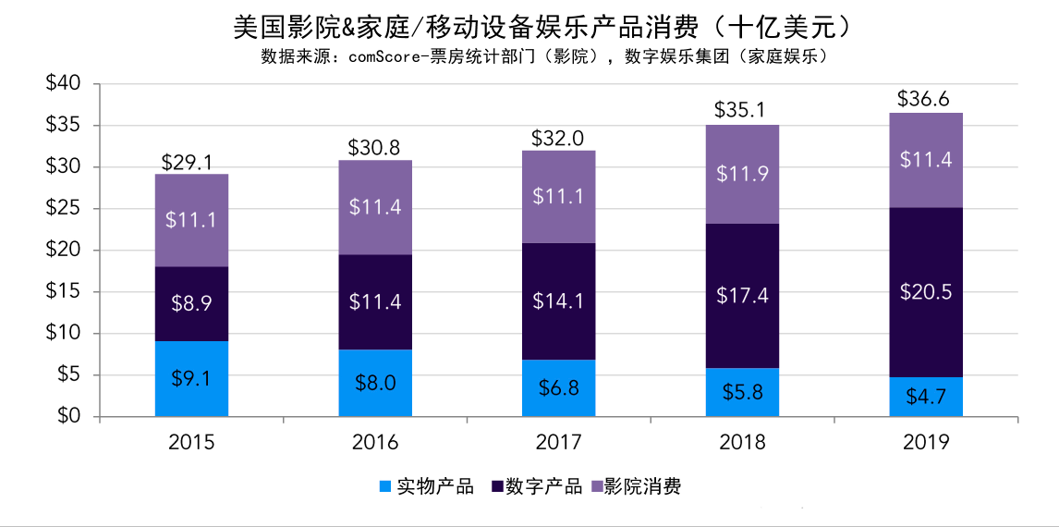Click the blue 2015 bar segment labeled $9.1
(191, 379)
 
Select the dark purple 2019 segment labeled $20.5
(926, 292)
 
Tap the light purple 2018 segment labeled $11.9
(742, 175)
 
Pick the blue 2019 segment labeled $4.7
(926, 397)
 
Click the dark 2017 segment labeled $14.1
(558, 301)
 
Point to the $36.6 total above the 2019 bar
(926, 99)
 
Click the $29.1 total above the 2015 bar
(191, 161)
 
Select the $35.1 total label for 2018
(742, 111)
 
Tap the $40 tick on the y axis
(64, 84)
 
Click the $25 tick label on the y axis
(64, 209)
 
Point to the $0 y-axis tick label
(68, 417)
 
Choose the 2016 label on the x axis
(375, 443)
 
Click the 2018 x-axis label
(742, 443)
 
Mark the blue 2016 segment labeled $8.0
(375, 383)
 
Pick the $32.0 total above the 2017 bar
(558, 138)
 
